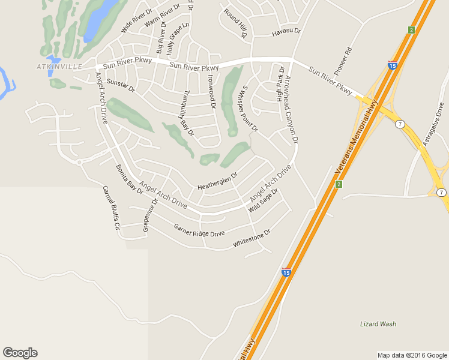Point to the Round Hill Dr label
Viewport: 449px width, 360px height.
(x=236, y=23)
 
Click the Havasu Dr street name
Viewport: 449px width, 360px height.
(x=286, y=31)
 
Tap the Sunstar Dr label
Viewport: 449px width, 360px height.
(x=121, y=85)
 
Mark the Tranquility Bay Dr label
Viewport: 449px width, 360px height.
(x=187, y=115)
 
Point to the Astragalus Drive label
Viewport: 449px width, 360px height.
(x=433, y=125)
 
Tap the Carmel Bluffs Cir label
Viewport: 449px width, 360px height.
(x=111, y=208)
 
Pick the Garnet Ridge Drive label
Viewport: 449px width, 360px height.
(x=199, y=230)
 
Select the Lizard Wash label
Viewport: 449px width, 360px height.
(x=378, y=324)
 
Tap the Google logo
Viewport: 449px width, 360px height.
(x=20, y=353)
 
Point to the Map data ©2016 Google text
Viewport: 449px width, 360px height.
(x=412, y=355)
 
